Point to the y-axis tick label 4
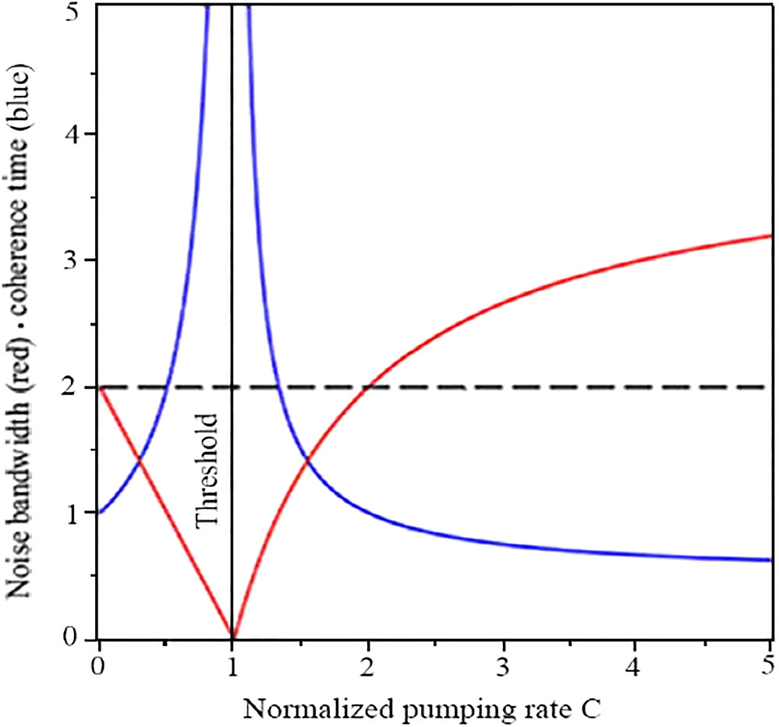point(78,134)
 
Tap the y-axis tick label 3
point(78,259)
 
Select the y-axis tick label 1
point(78,513)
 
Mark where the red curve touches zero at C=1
point(232,637)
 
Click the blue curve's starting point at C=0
point(99,513)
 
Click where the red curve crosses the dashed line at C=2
point(367,386)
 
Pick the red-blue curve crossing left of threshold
point(140,461)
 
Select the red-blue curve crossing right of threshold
point(307,461)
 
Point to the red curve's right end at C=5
point(770,235)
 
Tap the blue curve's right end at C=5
point(770,559)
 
